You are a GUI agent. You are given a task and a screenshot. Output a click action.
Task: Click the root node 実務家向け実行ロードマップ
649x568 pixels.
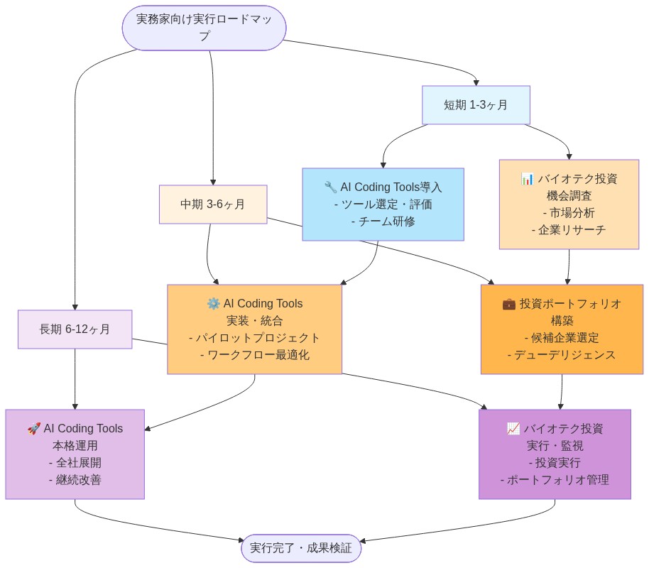204,28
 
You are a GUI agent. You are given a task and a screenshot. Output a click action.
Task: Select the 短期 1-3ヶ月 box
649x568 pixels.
476,105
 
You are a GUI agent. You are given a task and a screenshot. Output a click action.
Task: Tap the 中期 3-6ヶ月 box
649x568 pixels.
213,204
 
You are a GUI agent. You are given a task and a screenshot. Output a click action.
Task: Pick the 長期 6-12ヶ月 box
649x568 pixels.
75,329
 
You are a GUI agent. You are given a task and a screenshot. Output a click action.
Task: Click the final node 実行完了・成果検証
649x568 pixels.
301,548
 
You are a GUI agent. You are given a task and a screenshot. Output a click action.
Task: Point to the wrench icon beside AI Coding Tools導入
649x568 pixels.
330,187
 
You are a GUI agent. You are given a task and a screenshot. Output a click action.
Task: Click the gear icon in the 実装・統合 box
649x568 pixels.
213,304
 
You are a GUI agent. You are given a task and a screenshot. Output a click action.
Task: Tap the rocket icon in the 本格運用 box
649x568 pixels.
33,429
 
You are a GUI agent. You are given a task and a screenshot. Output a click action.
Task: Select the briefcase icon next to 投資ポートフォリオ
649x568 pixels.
509,304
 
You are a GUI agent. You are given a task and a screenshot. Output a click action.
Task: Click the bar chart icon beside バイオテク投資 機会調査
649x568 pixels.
527,179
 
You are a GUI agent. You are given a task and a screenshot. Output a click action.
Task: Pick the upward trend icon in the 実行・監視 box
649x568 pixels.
513,429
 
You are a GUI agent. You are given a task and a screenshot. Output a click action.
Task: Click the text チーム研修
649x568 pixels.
383,222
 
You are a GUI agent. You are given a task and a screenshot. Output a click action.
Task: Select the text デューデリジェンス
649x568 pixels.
562,355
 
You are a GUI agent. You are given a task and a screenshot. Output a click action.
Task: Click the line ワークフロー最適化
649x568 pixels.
254,355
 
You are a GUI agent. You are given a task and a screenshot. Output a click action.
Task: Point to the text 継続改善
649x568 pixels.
75,480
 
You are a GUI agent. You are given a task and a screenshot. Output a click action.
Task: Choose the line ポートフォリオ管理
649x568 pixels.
555,480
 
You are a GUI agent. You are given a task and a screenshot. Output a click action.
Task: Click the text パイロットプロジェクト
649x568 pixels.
254,338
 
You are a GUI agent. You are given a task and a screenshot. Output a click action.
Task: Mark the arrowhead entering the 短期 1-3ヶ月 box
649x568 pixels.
476,82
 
